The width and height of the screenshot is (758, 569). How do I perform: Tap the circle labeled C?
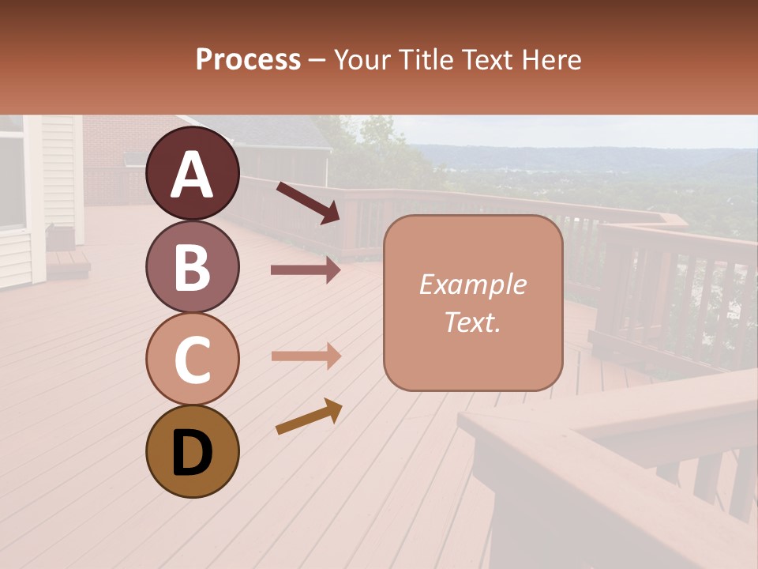(192, 359)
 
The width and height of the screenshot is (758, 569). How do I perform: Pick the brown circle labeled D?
(192, 451)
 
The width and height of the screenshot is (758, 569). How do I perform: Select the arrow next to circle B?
(306, 270)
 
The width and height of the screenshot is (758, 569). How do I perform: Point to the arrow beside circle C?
(306, 356)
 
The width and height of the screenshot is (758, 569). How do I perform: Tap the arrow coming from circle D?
(309, 416)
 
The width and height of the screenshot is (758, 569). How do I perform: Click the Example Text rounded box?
(473, 303)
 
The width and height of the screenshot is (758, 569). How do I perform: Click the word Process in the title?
(248, 60)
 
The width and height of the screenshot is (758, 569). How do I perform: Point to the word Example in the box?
(472, 284)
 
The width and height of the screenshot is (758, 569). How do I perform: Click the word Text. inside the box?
(472, 322)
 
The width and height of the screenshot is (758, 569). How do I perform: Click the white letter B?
(192, 266)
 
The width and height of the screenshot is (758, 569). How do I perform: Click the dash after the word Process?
(317, 61)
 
